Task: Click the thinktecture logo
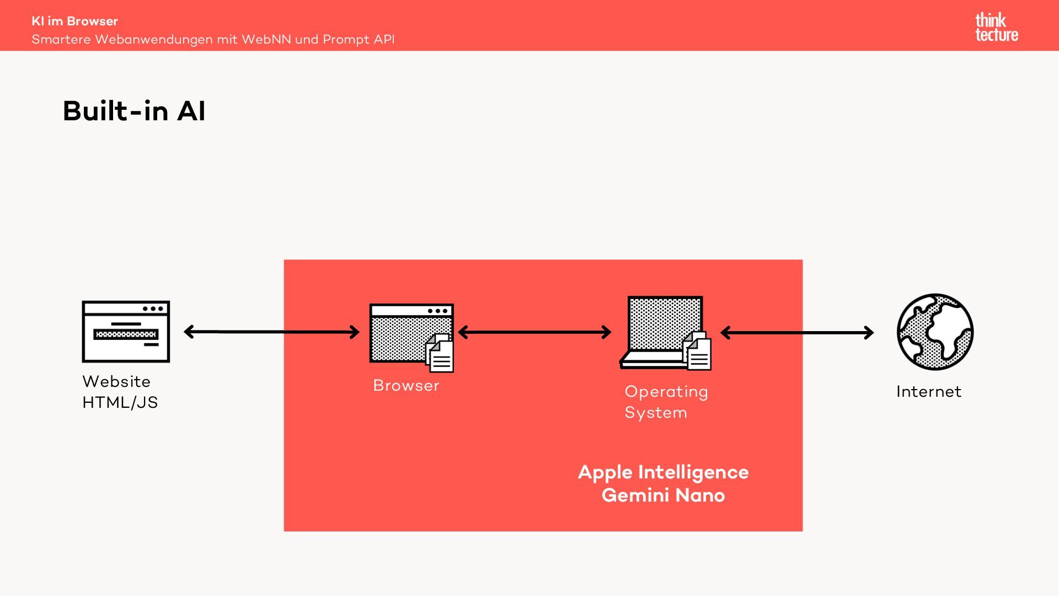(996, 27)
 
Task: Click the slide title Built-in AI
(134, 111)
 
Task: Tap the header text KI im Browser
(74, 21)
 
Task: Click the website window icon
(126, 331)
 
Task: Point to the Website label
(116, 381)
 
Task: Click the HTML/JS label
(120, 402)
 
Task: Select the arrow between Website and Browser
(271, 332)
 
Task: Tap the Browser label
(406, 385)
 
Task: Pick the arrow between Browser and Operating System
(534, 332)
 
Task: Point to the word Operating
(666, 392)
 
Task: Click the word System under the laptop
(656, 413)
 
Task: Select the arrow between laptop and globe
(797, 333)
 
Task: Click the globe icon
(935, 332)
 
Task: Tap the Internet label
(928, 392)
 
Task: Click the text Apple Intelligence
(663, 472)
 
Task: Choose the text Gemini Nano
(663, 496)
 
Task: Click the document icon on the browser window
(440, 354)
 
